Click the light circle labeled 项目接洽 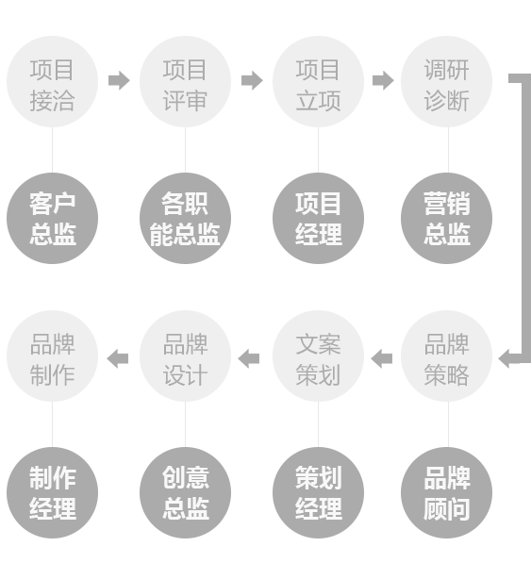tap(53, 81)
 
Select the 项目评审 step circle tap(185, 81)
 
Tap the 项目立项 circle tap(318, 81)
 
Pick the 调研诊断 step tap(447, 81)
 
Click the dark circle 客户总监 tap(53, 218)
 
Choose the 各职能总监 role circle tap(185, 218)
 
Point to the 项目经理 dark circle tap(318, 218)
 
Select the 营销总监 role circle tap(447, 218)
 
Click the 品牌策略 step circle tap(447, 356)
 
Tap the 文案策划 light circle tap(318, 356)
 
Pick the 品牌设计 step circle tap(185, 356)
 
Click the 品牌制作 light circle tap(53, 356)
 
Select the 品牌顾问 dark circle tap(447, 492)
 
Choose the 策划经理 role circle tap(318, 492)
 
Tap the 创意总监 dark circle tap(185, 492)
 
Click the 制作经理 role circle tap(53, 492)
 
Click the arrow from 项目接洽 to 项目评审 tap(119, 80)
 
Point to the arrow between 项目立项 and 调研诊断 tap(383, 80)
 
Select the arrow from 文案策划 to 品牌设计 tap(248, 358)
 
